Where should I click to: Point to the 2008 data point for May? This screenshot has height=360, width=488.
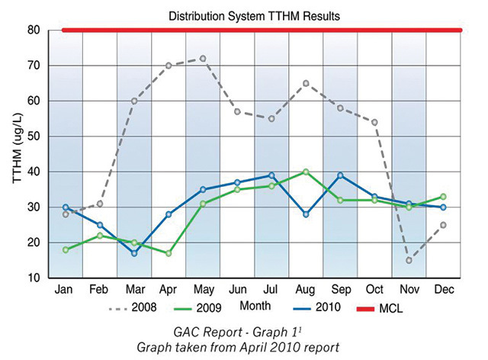pyautogui.click(x=203, y=58)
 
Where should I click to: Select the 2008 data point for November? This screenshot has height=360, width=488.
pyautogui.click(x=409, y=260)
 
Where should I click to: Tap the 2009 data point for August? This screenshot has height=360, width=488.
pyautogui.click(x=307, y=172)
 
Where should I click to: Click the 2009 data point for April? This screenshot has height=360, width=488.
pyautogui.click(x=169, y=253)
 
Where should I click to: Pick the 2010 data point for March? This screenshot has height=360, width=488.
pyautogui.click(x=134, y=253)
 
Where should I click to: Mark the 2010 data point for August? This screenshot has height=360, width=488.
pyautogui.click(x=307, y=214)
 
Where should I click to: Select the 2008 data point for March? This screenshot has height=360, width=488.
pyautogui.click(x=134, y=101)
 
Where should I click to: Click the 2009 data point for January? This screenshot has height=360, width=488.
pyautogui.click(x=66, y=249)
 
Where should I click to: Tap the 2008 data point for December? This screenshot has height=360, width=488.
pyautogui.click(x=444, y=225)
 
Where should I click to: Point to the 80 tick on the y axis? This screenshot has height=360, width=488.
pyautogui.click(x=34, y=31)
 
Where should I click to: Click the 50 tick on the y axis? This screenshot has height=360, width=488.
pyautogui.click(x=34, y=137)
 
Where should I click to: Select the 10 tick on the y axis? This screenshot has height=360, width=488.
pyautogui.click(x=34, y=278)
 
